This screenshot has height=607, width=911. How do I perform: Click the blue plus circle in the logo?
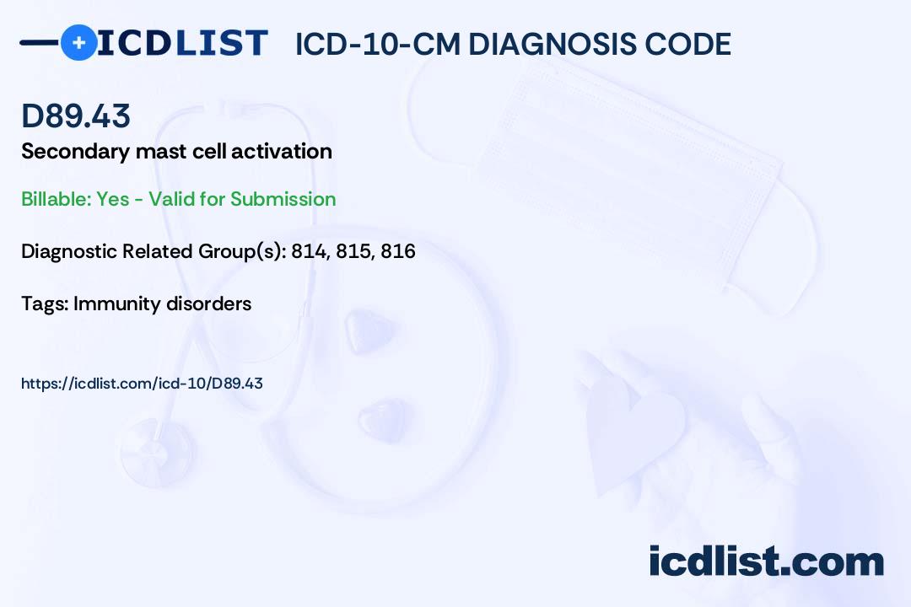click(79, 42)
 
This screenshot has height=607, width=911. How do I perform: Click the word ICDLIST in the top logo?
click(182, 43)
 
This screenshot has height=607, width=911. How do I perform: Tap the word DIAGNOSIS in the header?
click(544, 44)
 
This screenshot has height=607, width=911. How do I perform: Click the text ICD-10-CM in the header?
click(378, 44)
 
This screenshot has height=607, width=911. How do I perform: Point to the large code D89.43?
click(76, 115)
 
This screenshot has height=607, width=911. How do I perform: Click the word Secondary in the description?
click(76, 152)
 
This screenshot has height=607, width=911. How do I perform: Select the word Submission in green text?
click(283, 199)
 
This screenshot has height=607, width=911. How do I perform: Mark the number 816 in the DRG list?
click(398, 251)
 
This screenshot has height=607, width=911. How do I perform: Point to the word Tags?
click(45, 303)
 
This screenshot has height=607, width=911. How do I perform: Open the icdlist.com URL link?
click(142, 384)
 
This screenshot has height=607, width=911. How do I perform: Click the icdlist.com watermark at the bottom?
click(766, 561)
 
